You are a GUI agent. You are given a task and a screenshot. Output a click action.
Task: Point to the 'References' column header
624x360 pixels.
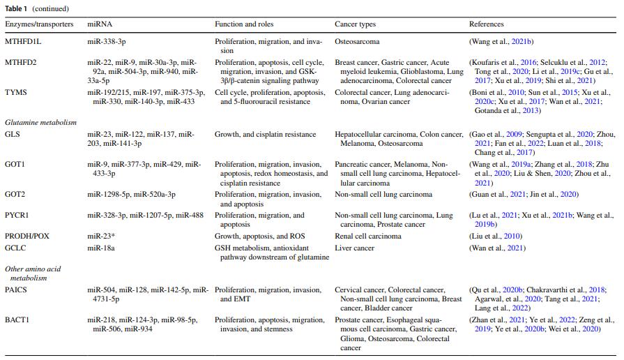pyautogui.click(x=487, y=24)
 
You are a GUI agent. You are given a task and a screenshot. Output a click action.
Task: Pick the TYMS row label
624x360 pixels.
pyautogui.click(x=16, y=92)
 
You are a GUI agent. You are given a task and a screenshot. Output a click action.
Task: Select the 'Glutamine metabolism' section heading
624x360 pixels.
pyautogui.click(x=40, y=122)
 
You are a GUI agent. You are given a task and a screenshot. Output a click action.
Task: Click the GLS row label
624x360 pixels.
pyautogui.click(x=12, y=134)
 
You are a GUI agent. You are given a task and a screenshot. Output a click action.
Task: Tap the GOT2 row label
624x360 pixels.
pyautogui.click(x=15, y=195)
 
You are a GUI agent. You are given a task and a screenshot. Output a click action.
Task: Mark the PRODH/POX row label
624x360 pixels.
pyautogui.click(x=27, y=237)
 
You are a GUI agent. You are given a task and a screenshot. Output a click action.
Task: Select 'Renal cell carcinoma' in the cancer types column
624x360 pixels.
pyautogui.click(x=368, y=237)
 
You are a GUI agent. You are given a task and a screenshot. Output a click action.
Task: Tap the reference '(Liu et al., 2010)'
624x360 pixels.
pyautogui.click(x=496, y=237)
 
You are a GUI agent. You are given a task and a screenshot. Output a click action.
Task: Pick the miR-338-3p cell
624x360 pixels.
pyautogui.click(x=107, y=42)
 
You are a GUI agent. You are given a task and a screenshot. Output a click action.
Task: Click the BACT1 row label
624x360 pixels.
pyautogui.click(x=17, y=320)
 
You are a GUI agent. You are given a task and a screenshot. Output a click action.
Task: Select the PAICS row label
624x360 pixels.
pyautogui.click(x=16, y=290)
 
